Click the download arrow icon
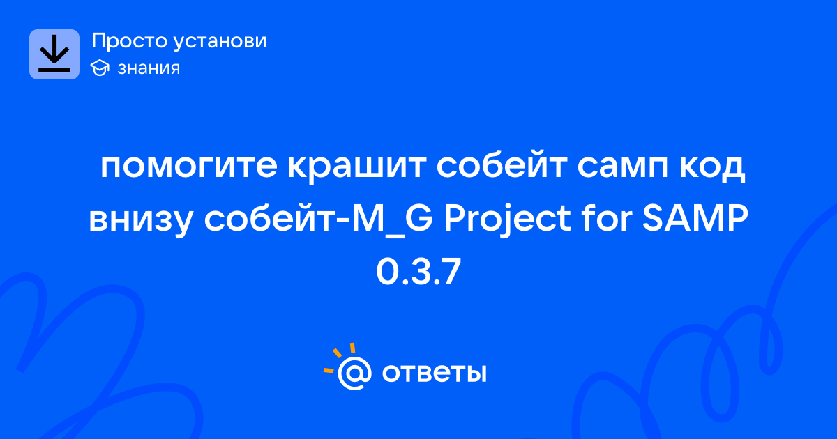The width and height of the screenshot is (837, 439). pyautogui.click(x=54, y=54)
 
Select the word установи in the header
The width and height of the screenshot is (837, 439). pyautogui.click(x=220, y=40)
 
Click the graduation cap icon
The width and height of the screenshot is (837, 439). pyautogui.click(x=100, y=68)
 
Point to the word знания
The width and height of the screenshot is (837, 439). pyautogui.click(x=149, y=68)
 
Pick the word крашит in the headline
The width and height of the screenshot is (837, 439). pyautogui.click(x=357, y=167)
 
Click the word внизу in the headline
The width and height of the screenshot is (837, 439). pyautogui.click(x=140, y=220)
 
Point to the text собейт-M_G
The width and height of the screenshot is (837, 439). pyautogui.click(x=319, y=219)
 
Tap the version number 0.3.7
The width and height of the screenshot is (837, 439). pyautogui.click(x=418, y=272)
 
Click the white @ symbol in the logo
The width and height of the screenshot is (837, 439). pyautogui.click(x=354, y=373)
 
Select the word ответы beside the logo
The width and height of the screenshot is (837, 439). pyautogui.click(x=434, y=373)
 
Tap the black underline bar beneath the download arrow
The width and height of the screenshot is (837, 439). pyautogui.click(x=54, y=70)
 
